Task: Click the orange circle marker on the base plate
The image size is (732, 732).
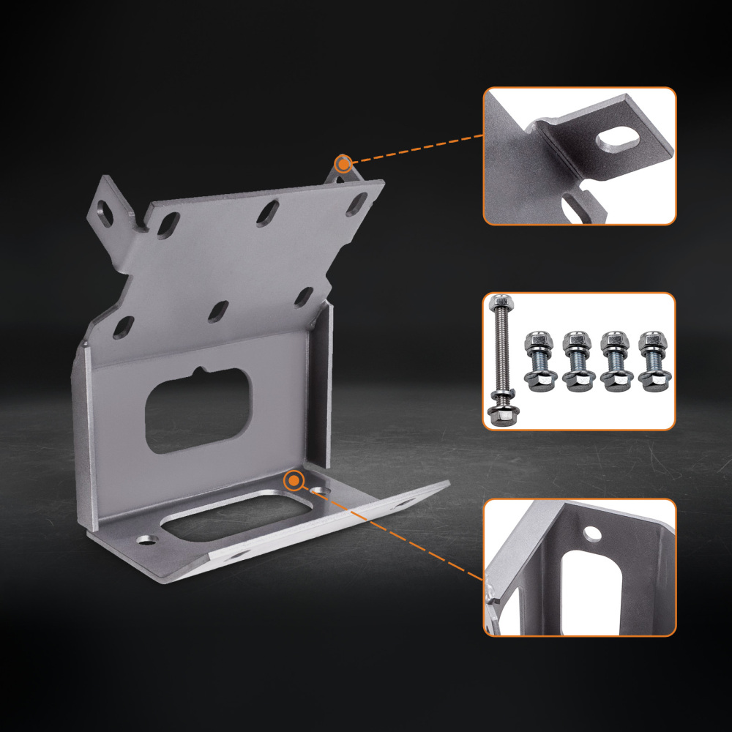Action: tap(294, 480)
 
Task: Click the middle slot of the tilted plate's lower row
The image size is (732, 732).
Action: tap(217, 312)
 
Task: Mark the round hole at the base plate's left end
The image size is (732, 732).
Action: tap(148, 539)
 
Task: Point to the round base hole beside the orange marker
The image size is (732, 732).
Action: tap(318, 490)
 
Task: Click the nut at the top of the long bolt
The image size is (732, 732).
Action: tap(501, 302)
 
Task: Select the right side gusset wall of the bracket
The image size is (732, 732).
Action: tap(320, 381)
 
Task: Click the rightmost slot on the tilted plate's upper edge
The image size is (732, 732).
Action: tap(359, 200)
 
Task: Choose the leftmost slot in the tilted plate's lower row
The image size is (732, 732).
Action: tap(123, 326)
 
